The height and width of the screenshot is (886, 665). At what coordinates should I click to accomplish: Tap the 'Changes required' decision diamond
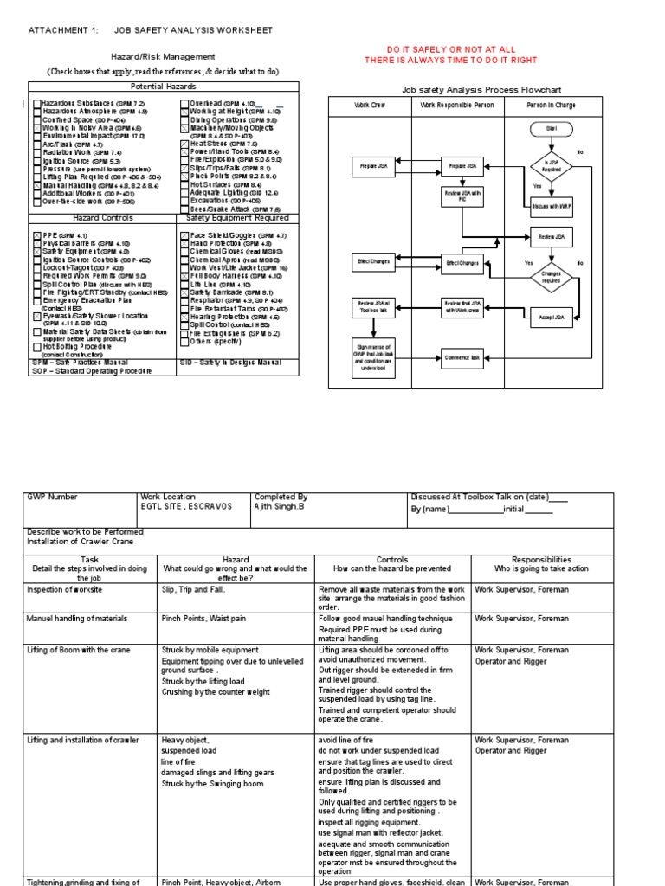click(552, 277)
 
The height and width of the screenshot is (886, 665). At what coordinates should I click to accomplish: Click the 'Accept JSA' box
click(552, 318)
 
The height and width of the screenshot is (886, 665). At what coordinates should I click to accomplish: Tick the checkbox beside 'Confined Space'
click(37, 119)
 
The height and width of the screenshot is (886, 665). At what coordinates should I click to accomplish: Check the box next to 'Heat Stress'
click(184, 144)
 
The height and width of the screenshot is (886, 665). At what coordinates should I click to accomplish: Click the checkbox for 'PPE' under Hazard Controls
click(37, 235)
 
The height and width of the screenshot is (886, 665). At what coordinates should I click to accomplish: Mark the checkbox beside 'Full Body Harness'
click(184, 276)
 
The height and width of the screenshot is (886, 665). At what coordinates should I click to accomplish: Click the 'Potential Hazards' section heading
click(163, 87)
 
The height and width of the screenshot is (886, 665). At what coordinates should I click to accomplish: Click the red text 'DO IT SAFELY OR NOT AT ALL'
click(450, 50)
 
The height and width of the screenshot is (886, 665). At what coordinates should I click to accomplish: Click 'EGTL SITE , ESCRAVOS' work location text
click(186, 506)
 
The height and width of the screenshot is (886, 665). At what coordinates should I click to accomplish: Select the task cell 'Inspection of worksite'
click(65, 589)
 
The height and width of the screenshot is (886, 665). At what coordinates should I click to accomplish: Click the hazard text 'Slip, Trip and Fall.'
click(193, 589)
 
